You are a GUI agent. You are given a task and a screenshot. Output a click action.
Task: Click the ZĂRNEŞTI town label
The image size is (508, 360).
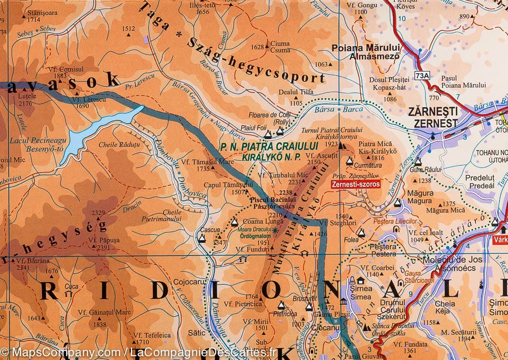coord(433,113)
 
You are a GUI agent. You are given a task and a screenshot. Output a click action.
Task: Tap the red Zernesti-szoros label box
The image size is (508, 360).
coord(356,184)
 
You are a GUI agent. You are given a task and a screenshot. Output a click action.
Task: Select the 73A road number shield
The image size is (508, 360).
coord(422,76)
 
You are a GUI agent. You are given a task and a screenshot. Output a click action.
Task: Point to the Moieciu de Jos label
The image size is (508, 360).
coord(452,258)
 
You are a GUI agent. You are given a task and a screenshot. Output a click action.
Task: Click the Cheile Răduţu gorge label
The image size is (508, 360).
coord(113,144)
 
